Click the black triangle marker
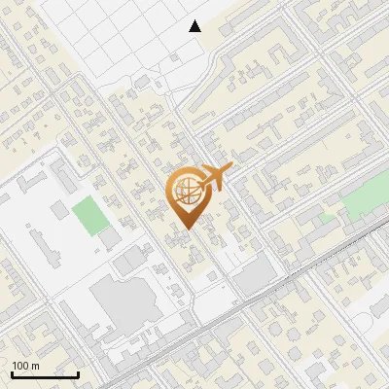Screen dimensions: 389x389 [195, 26]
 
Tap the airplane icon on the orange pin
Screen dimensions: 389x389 [215, 178]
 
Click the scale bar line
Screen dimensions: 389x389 [45, 374]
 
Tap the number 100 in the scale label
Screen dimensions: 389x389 [18, 366]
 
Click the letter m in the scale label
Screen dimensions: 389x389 [34, 366]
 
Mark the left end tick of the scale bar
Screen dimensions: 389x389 [12, 372]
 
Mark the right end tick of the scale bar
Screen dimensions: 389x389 [78, 372]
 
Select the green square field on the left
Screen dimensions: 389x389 [89, 215]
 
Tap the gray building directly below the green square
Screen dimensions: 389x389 [110, 236]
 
